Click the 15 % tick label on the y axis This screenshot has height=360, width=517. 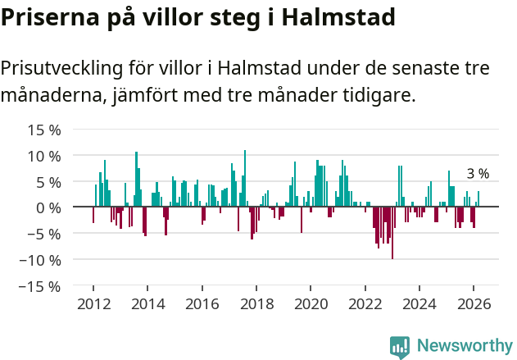(x=43, y=130)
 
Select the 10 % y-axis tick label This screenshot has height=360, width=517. (x=43, y=156)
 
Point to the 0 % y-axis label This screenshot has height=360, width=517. (x=48, y=207)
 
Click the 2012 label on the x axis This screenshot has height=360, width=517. (x=93, y=304)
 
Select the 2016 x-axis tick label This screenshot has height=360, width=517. (x=202, y=304)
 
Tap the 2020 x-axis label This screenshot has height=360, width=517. (x=311, y=304)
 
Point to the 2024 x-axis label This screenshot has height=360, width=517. (x=419, y=304)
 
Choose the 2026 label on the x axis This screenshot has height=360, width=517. (x=474, y=304)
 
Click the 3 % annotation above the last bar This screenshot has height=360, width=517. (x=478, y=174)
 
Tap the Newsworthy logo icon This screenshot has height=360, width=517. (x=400, y=347)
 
